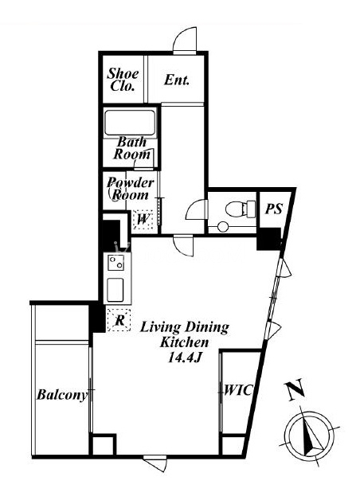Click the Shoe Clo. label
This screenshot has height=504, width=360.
click(x=123, y=80)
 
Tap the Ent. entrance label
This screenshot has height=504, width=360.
click(x=177, y=80)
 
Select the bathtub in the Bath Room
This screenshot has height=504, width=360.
click(x=130, y=123)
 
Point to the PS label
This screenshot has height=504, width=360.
click(x=273, y=209)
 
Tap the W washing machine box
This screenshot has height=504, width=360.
click(x=143, y=220)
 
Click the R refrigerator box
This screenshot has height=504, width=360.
click(x=119, y=319)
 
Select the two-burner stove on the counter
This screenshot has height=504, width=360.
click(x=115, y=263)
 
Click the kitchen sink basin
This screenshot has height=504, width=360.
click(x=115, y=290)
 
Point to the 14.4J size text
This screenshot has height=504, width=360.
click(x=184, y=357)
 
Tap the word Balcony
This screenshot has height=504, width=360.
click(x=62, y=395)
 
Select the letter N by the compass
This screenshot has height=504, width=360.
click(x=295, y=389)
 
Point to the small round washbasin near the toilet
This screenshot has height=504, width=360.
click(x=223, y=227)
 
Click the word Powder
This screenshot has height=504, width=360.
click(x=131, y=182)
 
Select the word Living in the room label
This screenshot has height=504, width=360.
click(x=160, y=327)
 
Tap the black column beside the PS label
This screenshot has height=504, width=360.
click(x=268, y=239)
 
